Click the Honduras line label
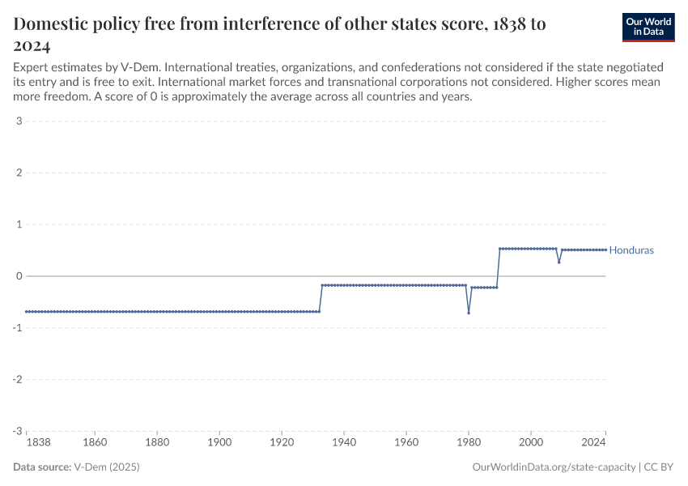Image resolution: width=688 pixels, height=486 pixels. click(631, 250)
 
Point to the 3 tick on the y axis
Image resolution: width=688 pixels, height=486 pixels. click(18, 122)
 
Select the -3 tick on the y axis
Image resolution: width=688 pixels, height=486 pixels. click(16, 431)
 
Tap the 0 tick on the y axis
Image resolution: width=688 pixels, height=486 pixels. click(18, 276)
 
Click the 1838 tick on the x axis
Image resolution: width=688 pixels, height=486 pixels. click(27, 443)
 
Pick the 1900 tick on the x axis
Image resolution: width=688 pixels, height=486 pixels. click(219, 443)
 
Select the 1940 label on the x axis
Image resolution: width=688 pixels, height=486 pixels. click(344, 443)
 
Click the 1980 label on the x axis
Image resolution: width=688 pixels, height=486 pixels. click(469, 443)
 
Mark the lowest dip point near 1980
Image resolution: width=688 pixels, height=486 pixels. click(469, 313)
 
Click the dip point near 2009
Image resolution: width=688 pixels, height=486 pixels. click(558, 262)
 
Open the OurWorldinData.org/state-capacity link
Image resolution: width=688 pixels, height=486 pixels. click(554, 467)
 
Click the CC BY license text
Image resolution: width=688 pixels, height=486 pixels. click(660, 467)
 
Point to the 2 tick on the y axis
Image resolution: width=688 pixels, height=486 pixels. click(18, 173)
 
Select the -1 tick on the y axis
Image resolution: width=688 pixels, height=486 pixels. click(16, 328)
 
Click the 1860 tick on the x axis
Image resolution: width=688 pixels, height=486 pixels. click(95, 443)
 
